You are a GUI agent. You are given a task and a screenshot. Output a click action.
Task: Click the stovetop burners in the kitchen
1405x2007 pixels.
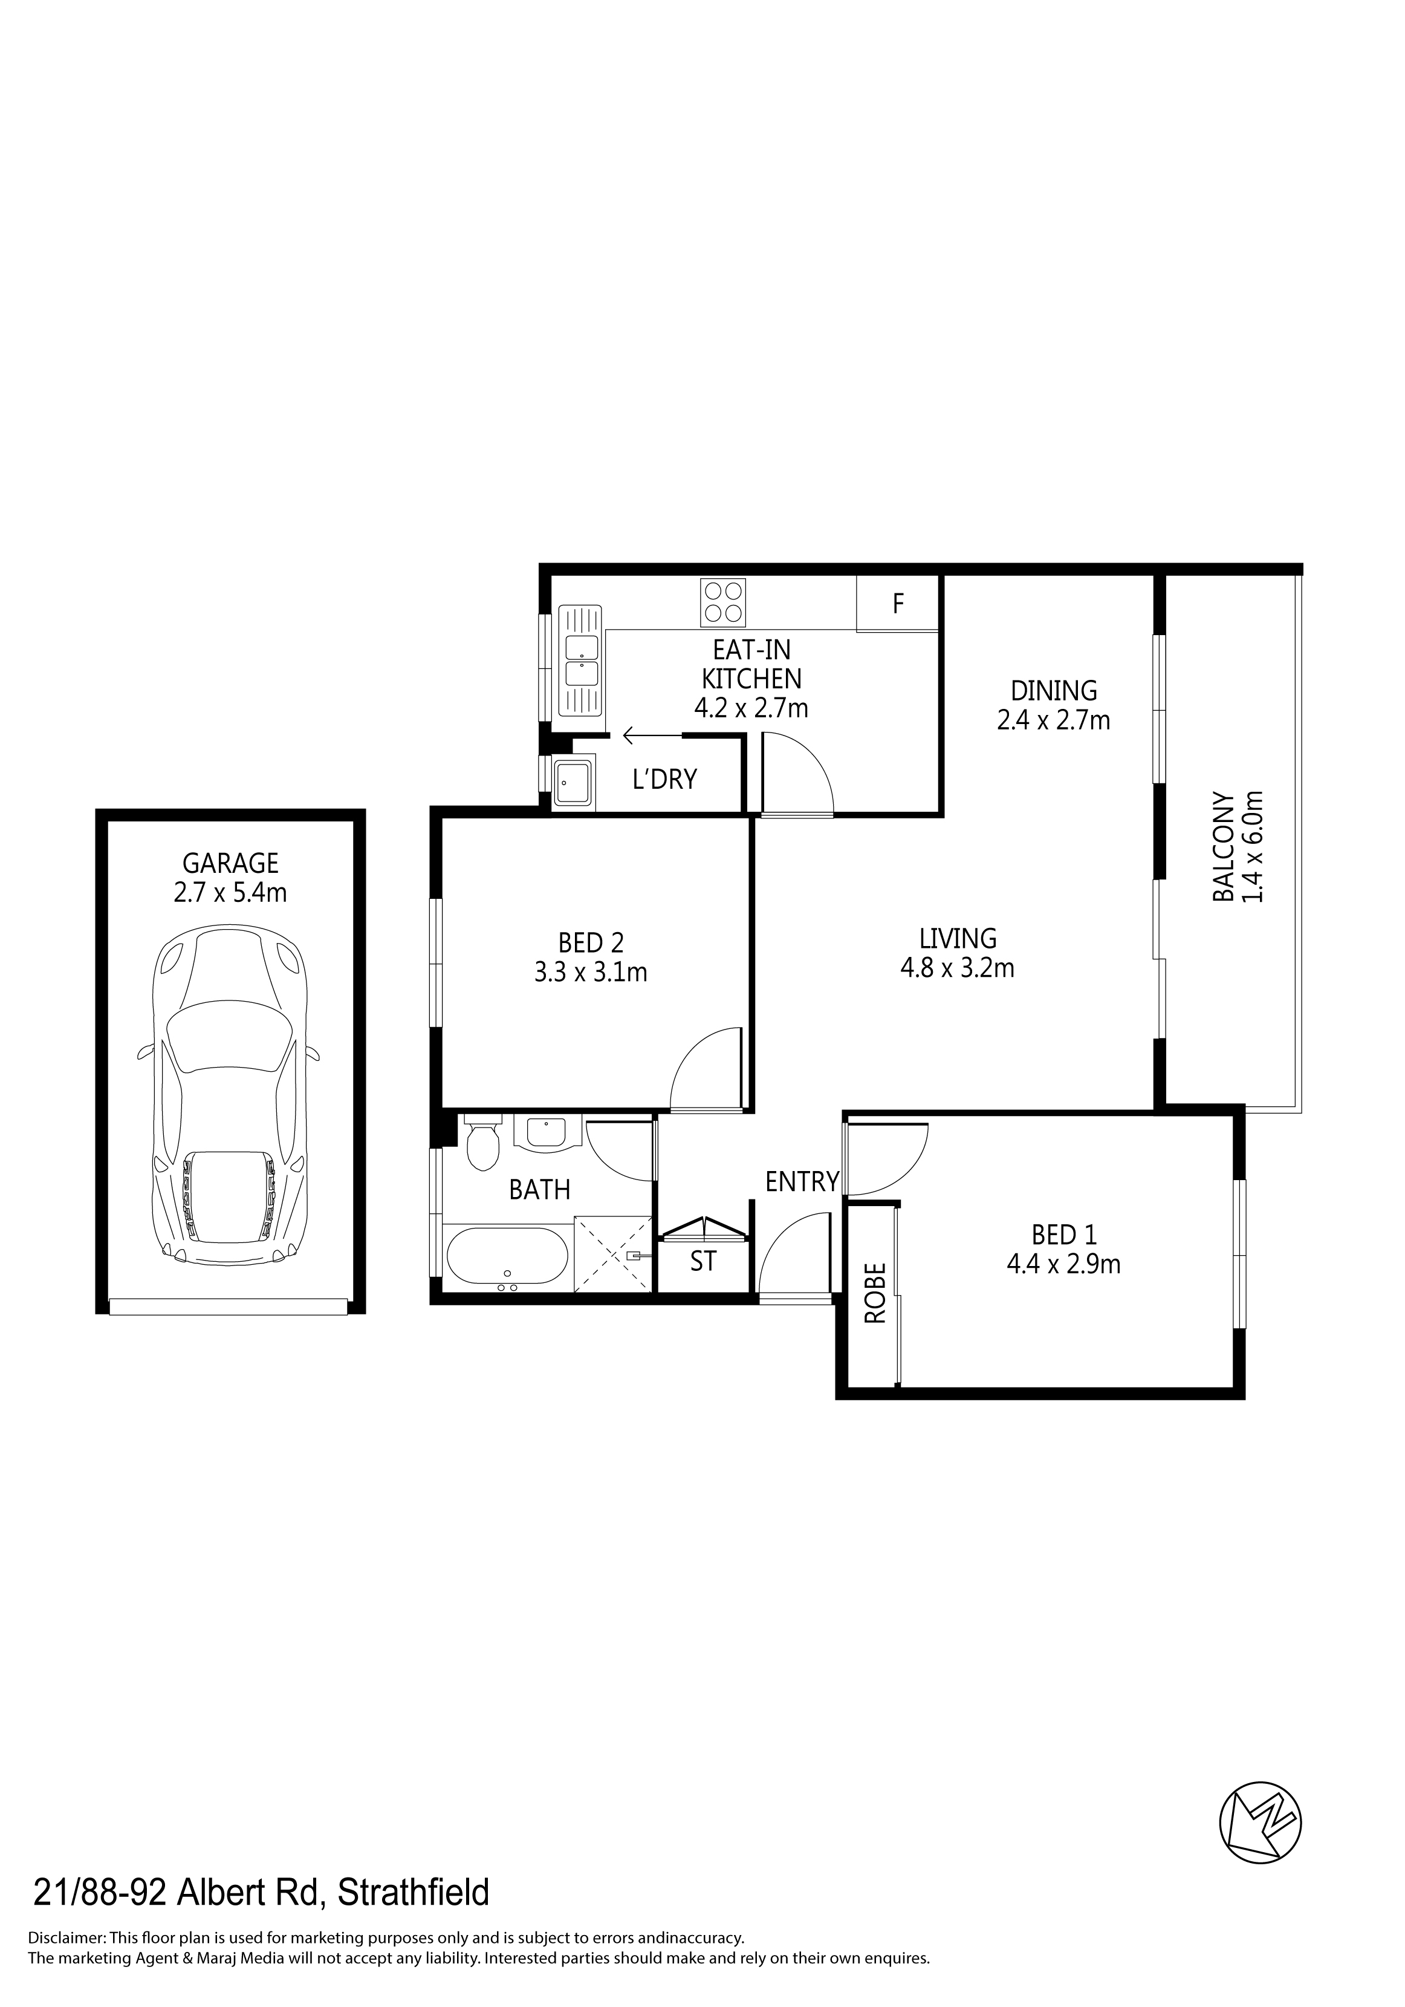coord(722,602)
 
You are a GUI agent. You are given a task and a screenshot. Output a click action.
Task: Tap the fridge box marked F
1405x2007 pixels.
coord(897,603)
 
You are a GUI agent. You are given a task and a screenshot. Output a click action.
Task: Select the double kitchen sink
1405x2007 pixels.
coord(580,661)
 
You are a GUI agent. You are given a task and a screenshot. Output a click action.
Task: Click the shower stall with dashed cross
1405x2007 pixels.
coord(614,1253)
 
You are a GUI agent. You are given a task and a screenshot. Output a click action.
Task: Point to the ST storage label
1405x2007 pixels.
coord(703,1261)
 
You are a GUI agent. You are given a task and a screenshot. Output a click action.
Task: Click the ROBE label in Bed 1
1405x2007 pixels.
coord(875,1294)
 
